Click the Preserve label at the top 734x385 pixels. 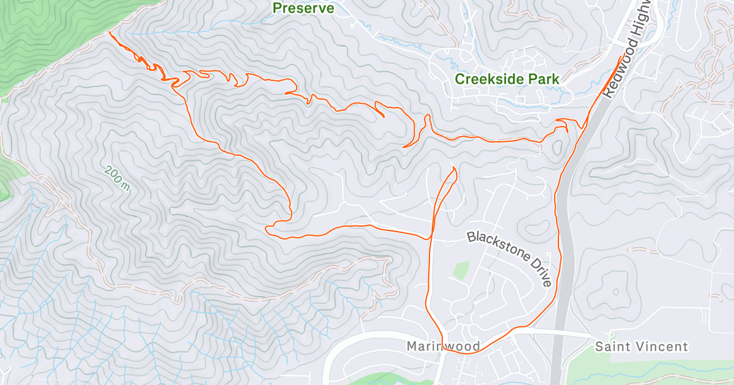(303, 8)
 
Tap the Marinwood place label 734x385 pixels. (443, 346)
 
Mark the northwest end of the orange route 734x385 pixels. (109, 32)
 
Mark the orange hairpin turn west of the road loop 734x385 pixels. (267, 229)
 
